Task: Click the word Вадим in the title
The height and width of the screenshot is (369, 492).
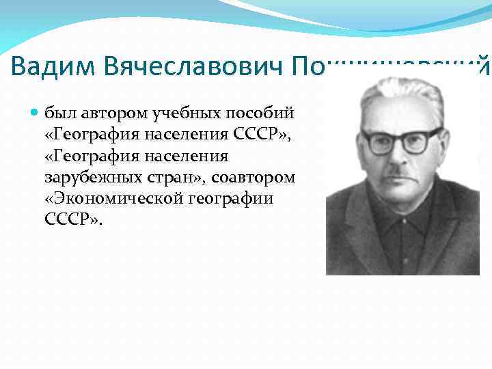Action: click(55, 66)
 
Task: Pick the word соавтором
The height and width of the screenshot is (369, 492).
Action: click(254, 178)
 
